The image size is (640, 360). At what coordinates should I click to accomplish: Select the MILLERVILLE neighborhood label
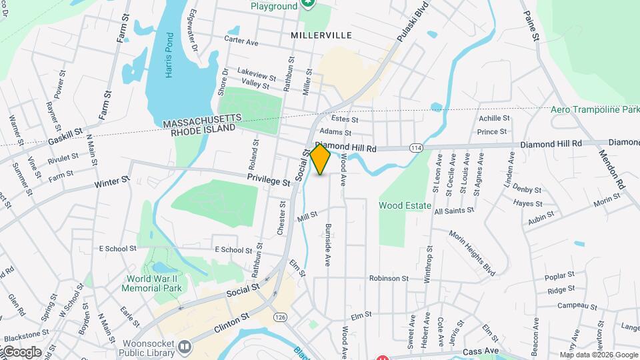click(321, 35)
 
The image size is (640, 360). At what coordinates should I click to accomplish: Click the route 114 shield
click(416, 147)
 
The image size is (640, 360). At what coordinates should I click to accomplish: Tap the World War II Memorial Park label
click(151, 283)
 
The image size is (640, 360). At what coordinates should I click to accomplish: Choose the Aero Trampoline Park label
click(595, 109)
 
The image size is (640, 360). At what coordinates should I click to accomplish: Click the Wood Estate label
click(405, 205)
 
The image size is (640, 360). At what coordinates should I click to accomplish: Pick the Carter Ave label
click(241, 41)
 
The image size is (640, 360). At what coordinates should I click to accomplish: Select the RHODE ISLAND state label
click(203, 131)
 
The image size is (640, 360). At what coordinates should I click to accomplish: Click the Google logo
click(21, 351)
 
